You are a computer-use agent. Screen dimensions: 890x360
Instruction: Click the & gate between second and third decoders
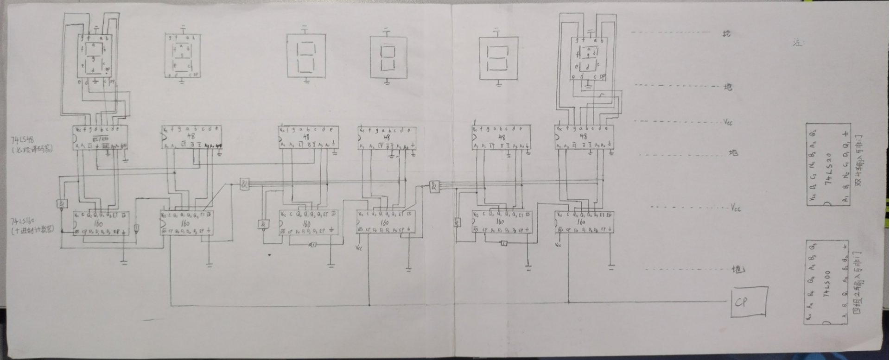click(x=244, y=184)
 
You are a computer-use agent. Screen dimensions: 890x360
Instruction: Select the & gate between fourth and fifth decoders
click(x=434, y=187)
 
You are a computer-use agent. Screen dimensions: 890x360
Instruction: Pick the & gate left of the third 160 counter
click(x=263, y=224)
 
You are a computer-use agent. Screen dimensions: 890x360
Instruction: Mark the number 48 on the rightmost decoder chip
click(x=583, y=137)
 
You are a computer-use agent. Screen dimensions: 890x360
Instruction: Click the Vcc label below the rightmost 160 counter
click(x=558, y=245)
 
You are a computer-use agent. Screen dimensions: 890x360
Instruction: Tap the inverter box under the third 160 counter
click(x=313, y=244)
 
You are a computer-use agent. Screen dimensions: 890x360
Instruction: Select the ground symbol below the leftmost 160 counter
click(x=124, y=262)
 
